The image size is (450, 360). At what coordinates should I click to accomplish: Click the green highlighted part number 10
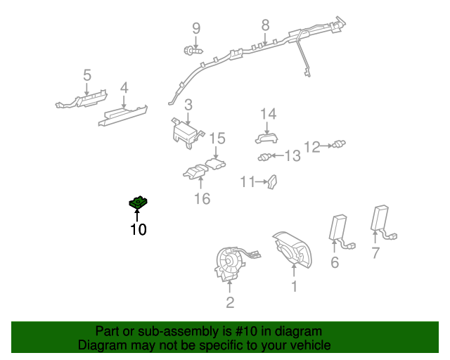click(138, 203)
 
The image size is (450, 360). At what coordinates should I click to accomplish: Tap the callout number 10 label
click(138, 229)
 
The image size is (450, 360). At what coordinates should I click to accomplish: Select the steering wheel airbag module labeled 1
click(290, 248)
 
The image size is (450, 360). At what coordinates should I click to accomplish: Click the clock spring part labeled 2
click(233, 264)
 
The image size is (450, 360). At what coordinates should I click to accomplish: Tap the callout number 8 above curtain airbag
click(265, 25)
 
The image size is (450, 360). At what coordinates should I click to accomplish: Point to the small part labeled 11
click(272, 183)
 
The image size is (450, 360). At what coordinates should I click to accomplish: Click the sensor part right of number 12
click(340, 145)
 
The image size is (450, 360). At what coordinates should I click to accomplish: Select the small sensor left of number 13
click(264, 157)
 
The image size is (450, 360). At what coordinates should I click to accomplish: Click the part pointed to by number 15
click(217, 165)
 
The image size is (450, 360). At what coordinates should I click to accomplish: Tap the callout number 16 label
click(202, 199)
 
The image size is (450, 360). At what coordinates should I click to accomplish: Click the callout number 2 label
click(230, 303)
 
